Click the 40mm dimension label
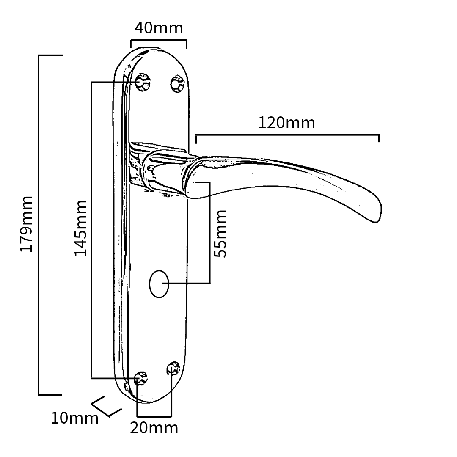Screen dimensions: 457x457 pos(159,28)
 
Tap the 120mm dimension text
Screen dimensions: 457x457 pos(286,123)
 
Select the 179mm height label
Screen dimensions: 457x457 pos(26,224)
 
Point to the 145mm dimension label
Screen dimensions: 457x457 pos(81,228)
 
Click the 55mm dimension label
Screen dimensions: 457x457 pos(220,233)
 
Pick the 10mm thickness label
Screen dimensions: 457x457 pos(74,418)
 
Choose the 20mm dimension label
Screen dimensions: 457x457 pos(154,428)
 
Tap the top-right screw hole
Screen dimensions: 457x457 pos(177,84)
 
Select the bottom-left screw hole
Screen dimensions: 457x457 pos(140,378)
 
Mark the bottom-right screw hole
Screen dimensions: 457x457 pos(173,368)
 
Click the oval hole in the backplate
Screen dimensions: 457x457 pos(159,284)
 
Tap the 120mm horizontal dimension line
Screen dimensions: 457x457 pos(288,135)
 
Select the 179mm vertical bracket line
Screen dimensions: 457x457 pos(39,224)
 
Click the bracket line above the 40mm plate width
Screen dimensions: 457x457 pos(159,41)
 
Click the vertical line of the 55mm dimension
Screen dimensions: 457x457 pos(209,233)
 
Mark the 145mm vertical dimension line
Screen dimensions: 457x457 pos(92,228)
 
